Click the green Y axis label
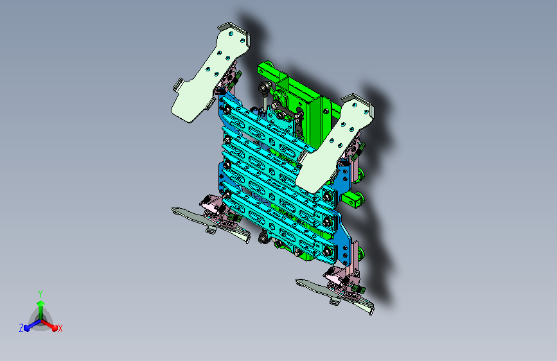(x=40, y=294)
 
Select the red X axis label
(x=60, y=328)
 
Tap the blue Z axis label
(x=21, y=328)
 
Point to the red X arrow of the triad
(x=49, y=325)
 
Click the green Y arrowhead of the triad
(x=41, y=304)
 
